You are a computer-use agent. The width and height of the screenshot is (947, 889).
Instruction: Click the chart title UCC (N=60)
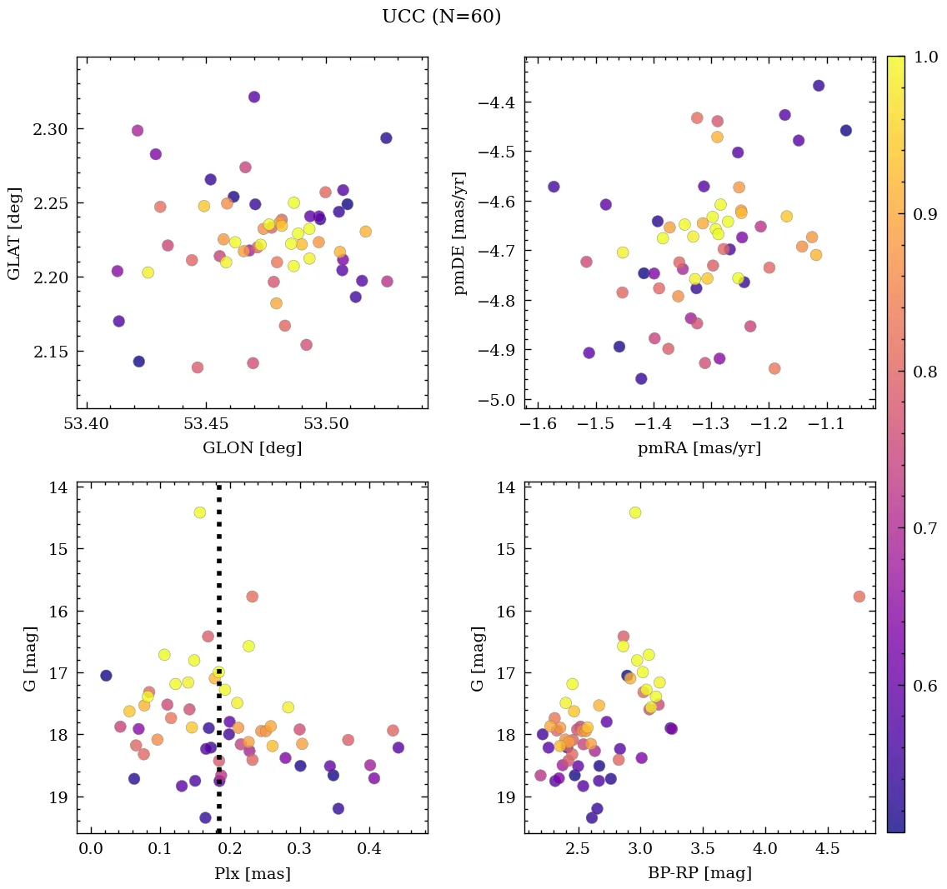pyautogui.click(x=441, y=17)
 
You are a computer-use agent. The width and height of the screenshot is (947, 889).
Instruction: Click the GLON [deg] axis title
pyautogui.click(x=252, y=448)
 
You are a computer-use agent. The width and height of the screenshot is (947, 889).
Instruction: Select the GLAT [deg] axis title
pyautogui.click(x=14, y=232)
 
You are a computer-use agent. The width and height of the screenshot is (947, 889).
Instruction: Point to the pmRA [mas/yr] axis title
pyautogui.click(x=699, y=448)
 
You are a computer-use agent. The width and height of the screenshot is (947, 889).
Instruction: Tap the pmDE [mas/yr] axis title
pyautogui.click(x=459, y=232)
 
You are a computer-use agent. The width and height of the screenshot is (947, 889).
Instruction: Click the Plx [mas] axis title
pyautogui.click(x=252, y=873)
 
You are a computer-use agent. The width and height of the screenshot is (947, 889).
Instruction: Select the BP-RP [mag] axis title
pyautogui.click(x=699, y=873)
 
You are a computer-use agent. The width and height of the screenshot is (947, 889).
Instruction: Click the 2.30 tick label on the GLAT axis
pyautogui.click(x=52, y=129)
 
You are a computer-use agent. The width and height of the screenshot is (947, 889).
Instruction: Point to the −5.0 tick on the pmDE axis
pyautogui.click(x=497, y=400)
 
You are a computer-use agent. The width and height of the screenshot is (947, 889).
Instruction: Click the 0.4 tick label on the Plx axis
pyautogui.click(x=369, y=850)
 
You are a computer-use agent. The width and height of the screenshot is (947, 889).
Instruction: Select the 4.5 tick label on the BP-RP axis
pyautogui.click(x=827, y=850)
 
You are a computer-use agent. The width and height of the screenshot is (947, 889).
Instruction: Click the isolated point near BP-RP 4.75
pyautogui.click(x=859, y=597)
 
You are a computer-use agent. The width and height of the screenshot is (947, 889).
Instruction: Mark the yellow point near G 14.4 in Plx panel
pyautogui.click(x=199, y=512)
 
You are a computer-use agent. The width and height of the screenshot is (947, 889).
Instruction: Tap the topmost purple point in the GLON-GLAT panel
pyautogui.click(x=254, y=97)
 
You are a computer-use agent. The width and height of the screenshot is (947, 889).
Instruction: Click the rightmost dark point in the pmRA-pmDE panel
pyautogui.click(x=846, y=130)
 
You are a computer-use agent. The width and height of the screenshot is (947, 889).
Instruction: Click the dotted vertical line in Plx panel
pyautogui.click(x=218, y=583)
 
